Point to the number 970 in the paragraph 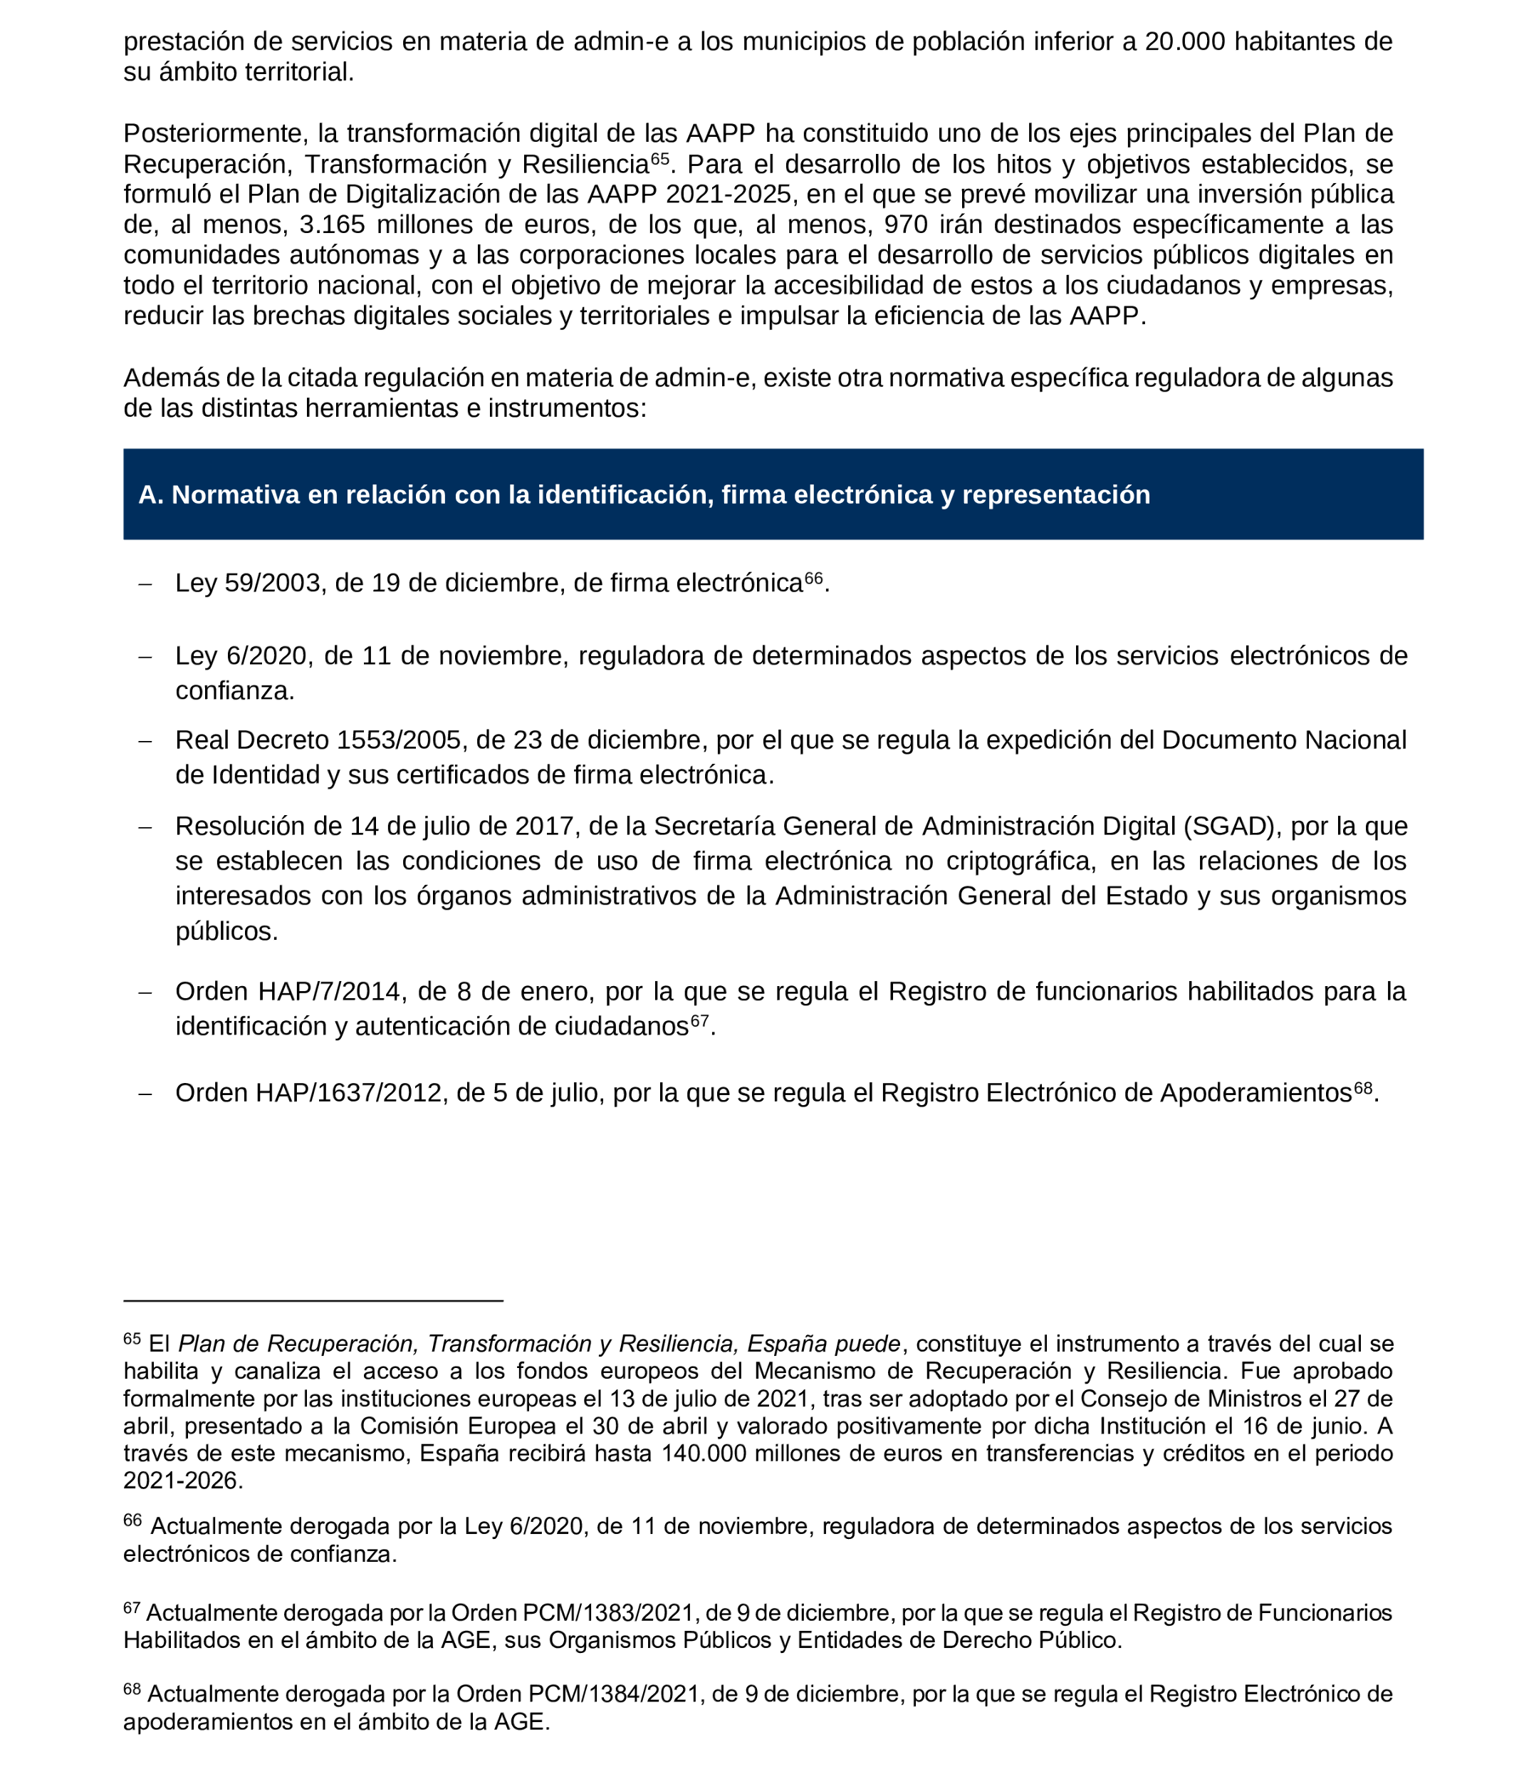[x=905, y=224]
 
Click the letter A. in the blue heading [x=150, y=494]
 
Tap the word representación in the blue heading [x=1055, y=494]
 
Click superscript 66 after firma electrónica [x=813, y=579]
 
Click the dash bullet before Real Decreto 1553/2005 [x=145, y=741]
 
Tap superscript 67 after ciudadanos [x=699, y=1021]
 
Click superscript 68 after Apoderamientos [x=1363, y=1087]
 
